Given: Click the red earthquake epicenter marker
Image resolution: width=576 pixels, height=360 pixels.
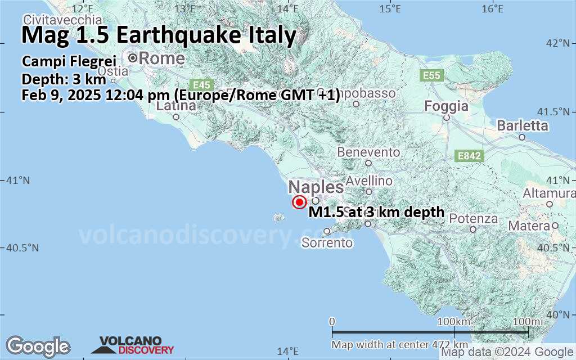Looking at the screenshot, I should coord(299,202).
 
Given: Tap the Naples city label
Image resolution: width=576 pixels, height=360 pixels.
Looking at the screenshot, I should coord(316,188).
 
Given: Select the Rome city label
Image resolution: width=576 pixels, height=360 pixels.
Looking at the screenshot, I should coord(161,58).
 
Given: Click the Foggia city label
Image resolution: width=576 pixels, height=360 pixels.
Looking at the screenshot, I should coord(447,106).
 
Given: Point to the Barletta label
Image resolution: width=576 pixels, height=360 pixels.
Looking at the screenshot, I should coord(522,125).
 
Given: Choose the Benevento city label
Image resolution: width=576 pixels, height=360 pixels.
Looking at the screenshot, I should coord(368,152).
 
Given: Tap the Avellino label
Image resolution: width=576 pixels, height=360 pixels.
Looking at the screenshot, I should coord(369,181).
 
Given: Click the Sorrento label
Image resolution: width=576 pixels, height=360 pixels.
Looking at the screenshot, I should coord(327,243).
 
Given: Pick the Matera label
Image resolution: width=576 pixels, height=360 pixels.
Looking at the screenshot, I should coord(529,226).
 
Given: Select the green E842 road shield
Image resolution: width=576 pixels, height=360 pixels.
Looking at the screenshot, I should coord(469,156).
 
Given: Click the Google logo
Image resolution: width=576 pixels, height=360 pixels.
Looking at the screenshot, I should coord(38,346).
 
